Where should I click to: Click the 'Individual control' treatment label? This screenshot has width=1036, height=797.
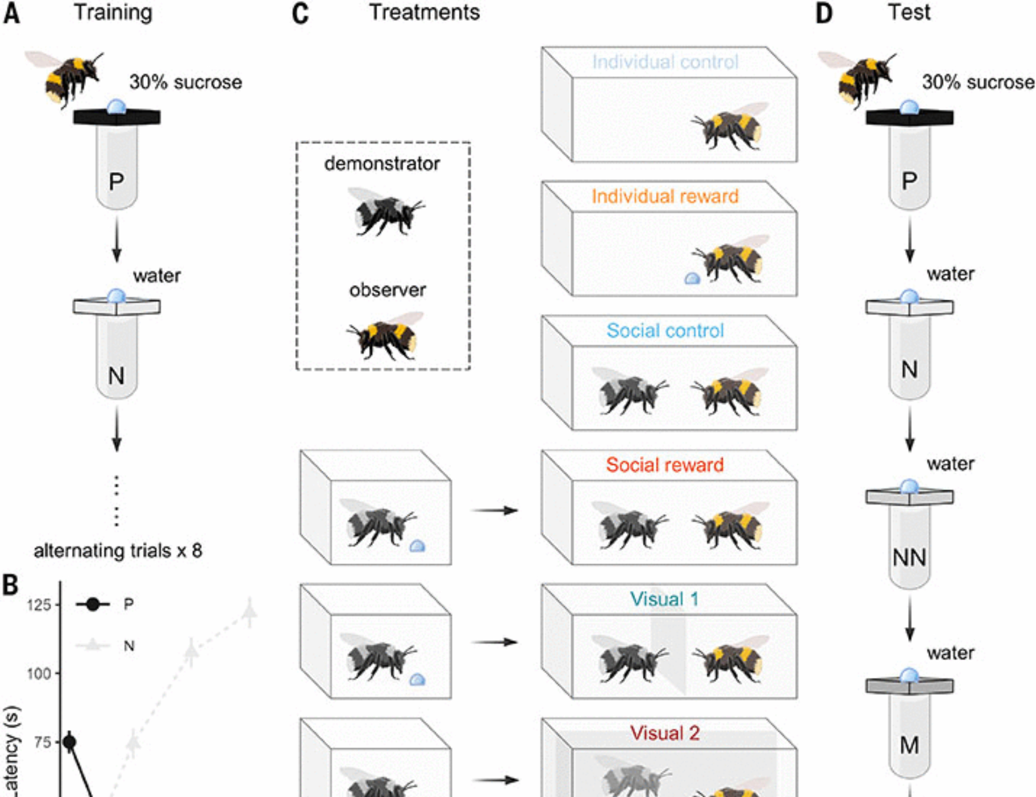click(x=665, y=62)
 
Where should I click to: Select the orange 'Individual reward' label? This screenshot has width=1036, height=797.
click(x=665, y=196)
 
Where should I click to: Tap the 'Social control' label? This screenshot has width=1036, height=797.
click(x=665, y=331)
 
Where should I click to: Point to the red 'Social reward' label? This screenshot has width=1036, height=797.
click(x=665, y=465)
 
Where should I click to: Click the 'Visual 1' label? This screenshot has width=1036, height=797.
click(x=665, y=599)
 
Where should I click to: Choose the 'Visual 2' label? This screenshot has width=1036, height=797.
click(x=665, y=733)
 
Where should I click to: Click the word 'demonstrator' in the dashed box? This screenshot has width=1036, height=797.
click(x=382, y=164)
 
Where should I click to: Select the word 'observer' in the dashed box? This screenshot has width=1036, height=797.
click(x=387, y=290)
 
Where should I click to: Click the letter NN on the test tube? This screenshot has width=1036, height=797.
click(x=909, y=558)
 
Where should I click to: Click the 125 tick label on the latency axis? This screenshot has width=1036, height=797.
click(x=39, y=605)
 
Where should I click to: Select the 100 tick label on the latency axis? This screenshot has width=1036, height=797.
click(x=39, y=674)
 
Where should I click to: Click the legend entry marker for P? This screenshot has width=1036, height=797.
click(x=93, y=604)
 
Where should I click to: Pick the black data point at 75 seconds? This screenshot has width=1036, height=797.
click(x=69, y=743)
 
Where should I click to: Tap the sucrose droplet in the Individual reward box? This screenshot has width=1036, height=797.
click(x=693, y=279)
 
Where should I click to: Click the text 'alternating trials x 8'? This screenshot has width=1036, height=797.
click(x=118, y=550)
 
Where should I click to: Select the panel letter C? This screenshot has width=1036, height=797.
click(x=300, y=13)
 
